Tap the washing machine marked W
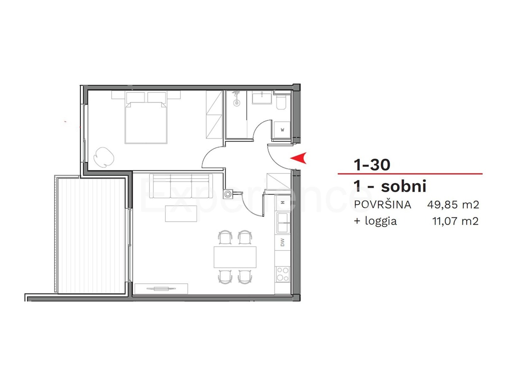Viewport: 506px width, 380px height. coord(282,130)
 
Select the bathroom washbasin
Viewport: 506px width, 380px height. coord(262,98)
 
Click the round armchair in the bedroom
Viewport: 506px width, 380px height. coord(104,157)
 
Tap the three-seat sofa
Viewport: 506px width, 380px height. coord(181,186)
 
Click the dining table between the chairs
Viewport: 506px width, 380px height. coord(235,257)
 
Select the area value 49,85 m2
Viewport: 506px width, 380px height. coord(453,205)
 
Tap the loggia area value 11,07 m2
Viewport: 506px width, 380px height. coord(455,221)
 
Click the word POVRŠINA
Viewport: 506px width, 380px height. coord(382,205)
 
